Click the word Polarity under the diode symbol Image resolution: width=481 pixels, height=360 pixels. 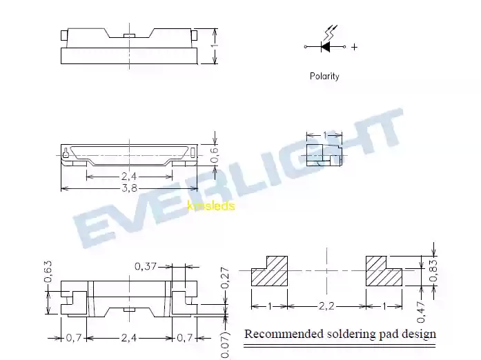(x=324, y=77)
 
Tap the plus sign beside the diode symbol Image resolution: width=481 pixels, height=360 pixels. (x=354, y=47)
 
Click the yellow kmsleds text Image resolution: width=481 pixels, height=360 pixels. (x=211, y=206)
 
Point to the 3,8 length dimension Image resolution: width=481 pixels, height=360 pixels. (x=128, y=188)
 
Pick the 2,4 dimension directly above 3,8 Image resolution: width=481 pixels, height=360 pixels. (x=128, y=177)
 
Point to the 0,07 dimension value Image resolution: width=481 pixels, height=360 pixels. (x=225, y=343)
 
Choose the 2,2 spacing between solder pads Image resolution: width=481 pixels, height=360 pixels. (x=326, y=306)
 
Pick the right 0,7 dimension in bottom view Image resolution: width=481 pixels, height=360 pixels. (x=184, y=338)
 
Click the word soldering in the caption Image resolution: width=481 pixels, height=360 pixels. (x=351, y=334)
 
